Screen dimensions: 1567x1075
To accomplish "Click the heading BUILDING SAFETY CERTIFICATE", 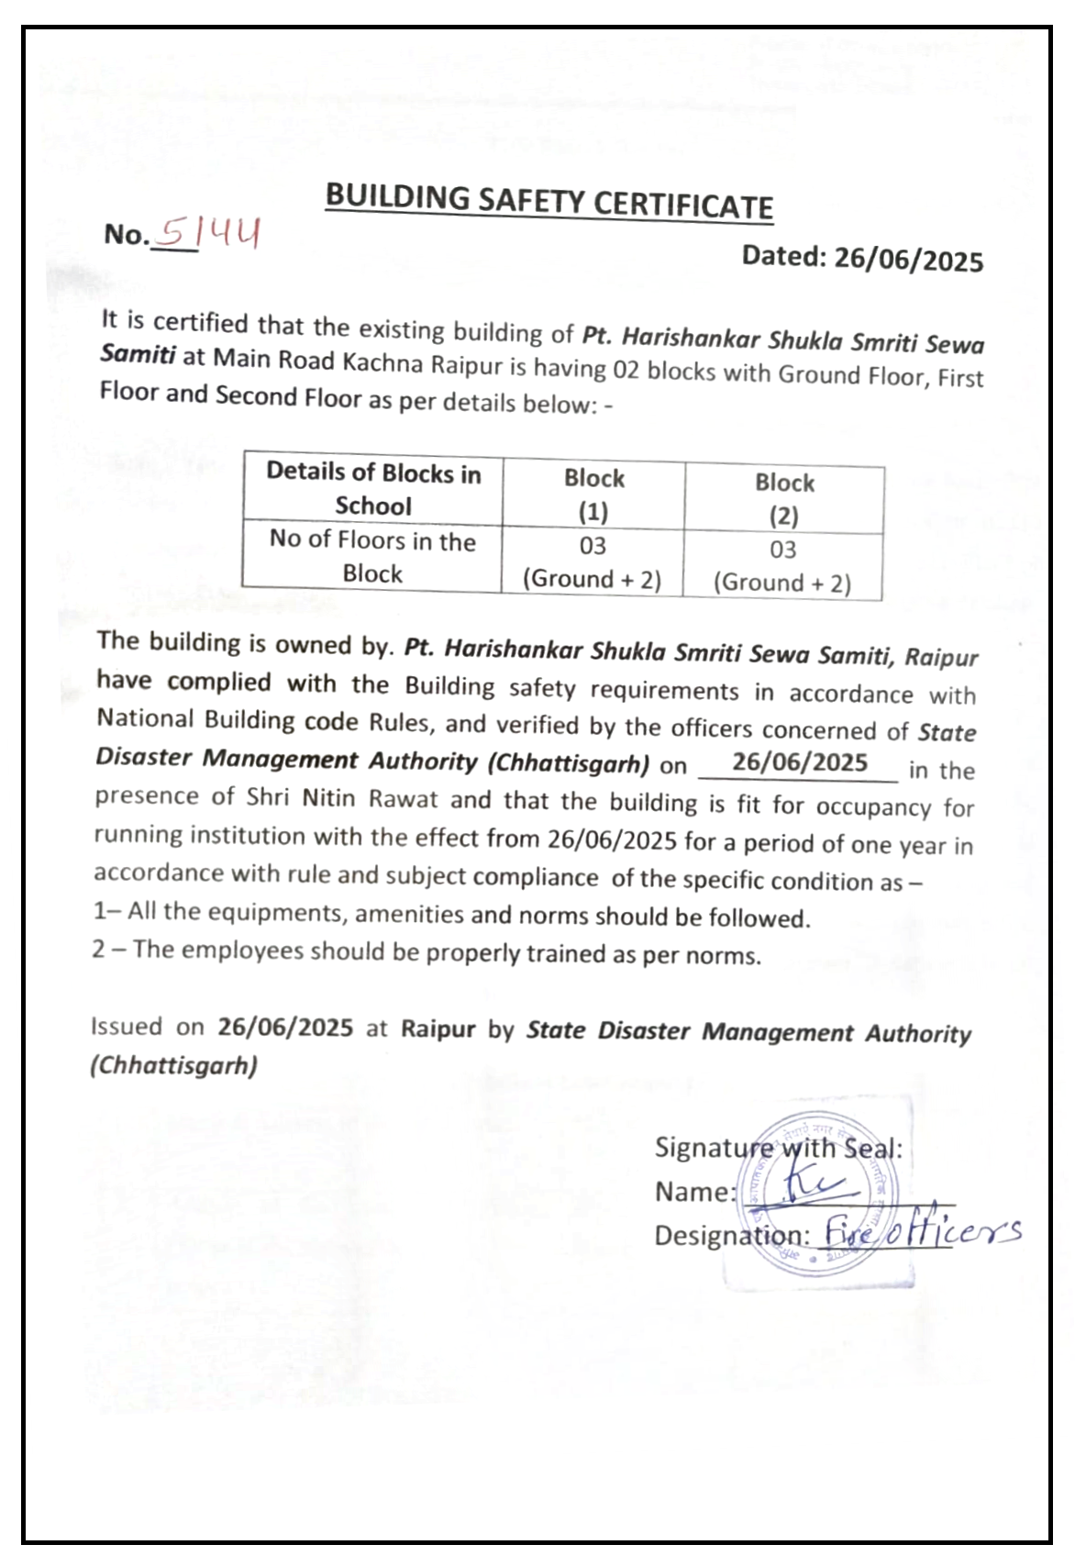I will pos(549,201).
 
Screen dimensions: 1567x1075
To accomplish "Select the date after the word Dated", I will pos(908,261).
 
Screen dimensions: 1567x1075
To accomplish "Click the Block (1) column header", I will pos(593,495).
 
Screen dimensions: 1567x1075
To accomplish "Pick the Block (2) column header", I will pos(784,499).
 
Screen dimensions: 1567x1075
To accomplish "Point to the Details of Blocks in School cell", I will pos(373,489).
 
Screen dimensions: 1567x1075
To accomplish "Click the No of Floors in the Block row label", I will pos(372,557).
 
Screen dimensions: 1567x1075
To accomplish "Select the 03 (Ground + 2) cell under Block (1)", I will pos(593,562).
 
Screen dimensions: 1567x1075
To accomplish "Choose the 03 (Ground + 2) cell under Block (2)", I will pos(782,566).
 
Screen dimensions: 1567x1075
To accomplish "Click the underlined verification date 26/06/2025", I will pos(799,762).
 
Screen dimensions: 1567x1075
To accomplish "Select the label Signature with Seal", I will pos(778,1148).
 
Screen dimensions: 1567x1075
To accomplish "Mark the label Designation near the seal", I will pos(731,1236).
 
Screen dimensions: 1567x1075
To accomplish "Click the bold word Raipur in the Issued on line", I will pos(438,1028).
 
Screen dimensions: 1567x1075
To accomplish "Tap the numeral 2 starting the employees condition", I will pos(98,949).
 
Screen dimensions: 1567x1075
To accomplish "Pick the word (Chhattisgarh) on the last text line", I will pos(173,1065).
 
